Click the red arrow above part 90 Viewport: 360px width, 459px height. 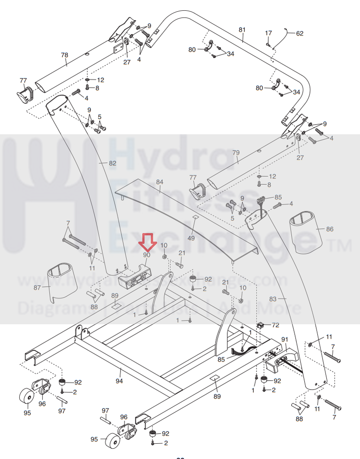coord(147,242)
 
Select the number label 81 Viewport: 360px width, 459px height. coord(242,30)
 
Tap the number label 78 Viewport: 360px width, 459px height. coord(64,55)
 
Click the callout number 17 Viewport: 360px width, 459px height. coord(268,33)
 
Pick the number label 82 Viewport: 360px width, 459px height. coord(112,163)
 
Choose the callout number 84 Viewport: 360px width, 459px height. coord(160,182)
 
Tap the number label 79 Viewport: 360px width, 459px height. coord(236,152)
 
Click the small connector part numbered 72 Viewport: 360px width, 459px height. coord(261,325)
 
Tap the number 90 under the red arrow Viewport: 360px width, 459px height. coord(147,254)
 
